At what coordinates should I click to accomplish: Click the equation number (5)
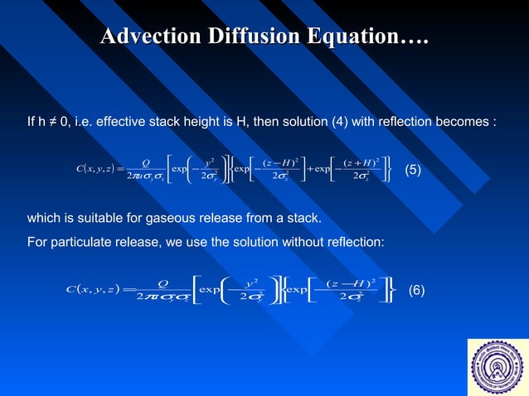coord(413,171)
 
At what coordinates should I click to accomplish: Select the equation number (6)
coord(416,290)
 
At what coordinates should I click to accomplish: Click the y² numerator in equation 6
coord(251,280)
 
